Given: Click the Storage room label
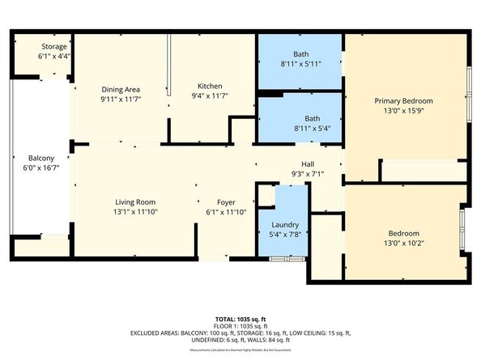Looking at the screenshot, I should [54, 47].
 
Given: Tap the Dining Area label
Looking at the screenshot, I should [121, 89].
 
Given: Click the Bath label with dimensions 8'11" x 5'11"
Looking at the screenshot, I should [300, 54].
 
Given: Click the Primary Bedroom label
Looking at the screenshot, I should [408, 101].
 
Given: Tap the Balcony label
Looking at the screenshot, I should [41, 158].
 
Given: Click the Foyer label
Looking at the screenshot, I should [226, 202].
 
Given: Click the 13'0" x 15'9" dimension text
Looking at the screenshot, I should [408, 112].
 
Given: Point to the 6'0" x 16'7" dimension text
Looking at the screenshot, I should [41, 169].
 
